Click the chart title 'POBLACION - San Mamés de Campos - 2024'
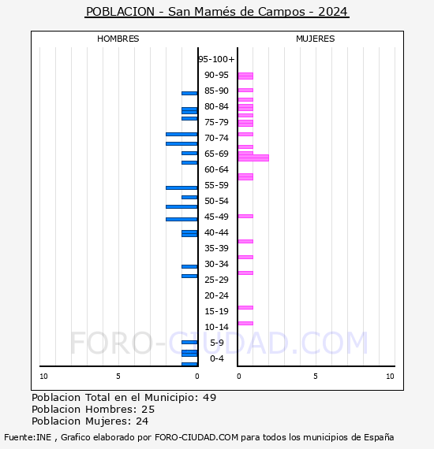tap(216, 12)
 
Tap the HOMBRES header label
tap(118, 39)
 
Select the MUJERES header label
tap(315, 39)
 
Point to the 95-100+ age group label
tap(216, 59)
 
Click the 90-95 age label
tap(216, 75)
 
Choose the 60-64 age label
tap(216, 169)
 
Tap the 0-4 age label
tap(216, 358)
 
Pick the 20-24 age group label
tap(216, 295)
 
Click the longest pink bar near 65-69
tap(253, 158)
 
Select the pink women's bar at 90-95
tap(245, 76)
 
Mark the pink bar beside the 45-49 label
tap(245, 216)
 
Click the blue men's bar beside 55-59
tap(181, 187)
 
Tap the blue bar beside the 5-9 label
tap(189, 342)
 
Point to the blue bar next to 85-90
tap(189, 93)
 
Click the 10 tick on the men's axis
tap(43, 377)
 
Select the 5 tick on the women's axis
tap(315, 377)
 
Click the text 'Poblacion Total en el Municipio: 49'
tap(124, 397)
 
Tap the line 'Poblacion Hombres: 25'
tap(93, 410)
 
